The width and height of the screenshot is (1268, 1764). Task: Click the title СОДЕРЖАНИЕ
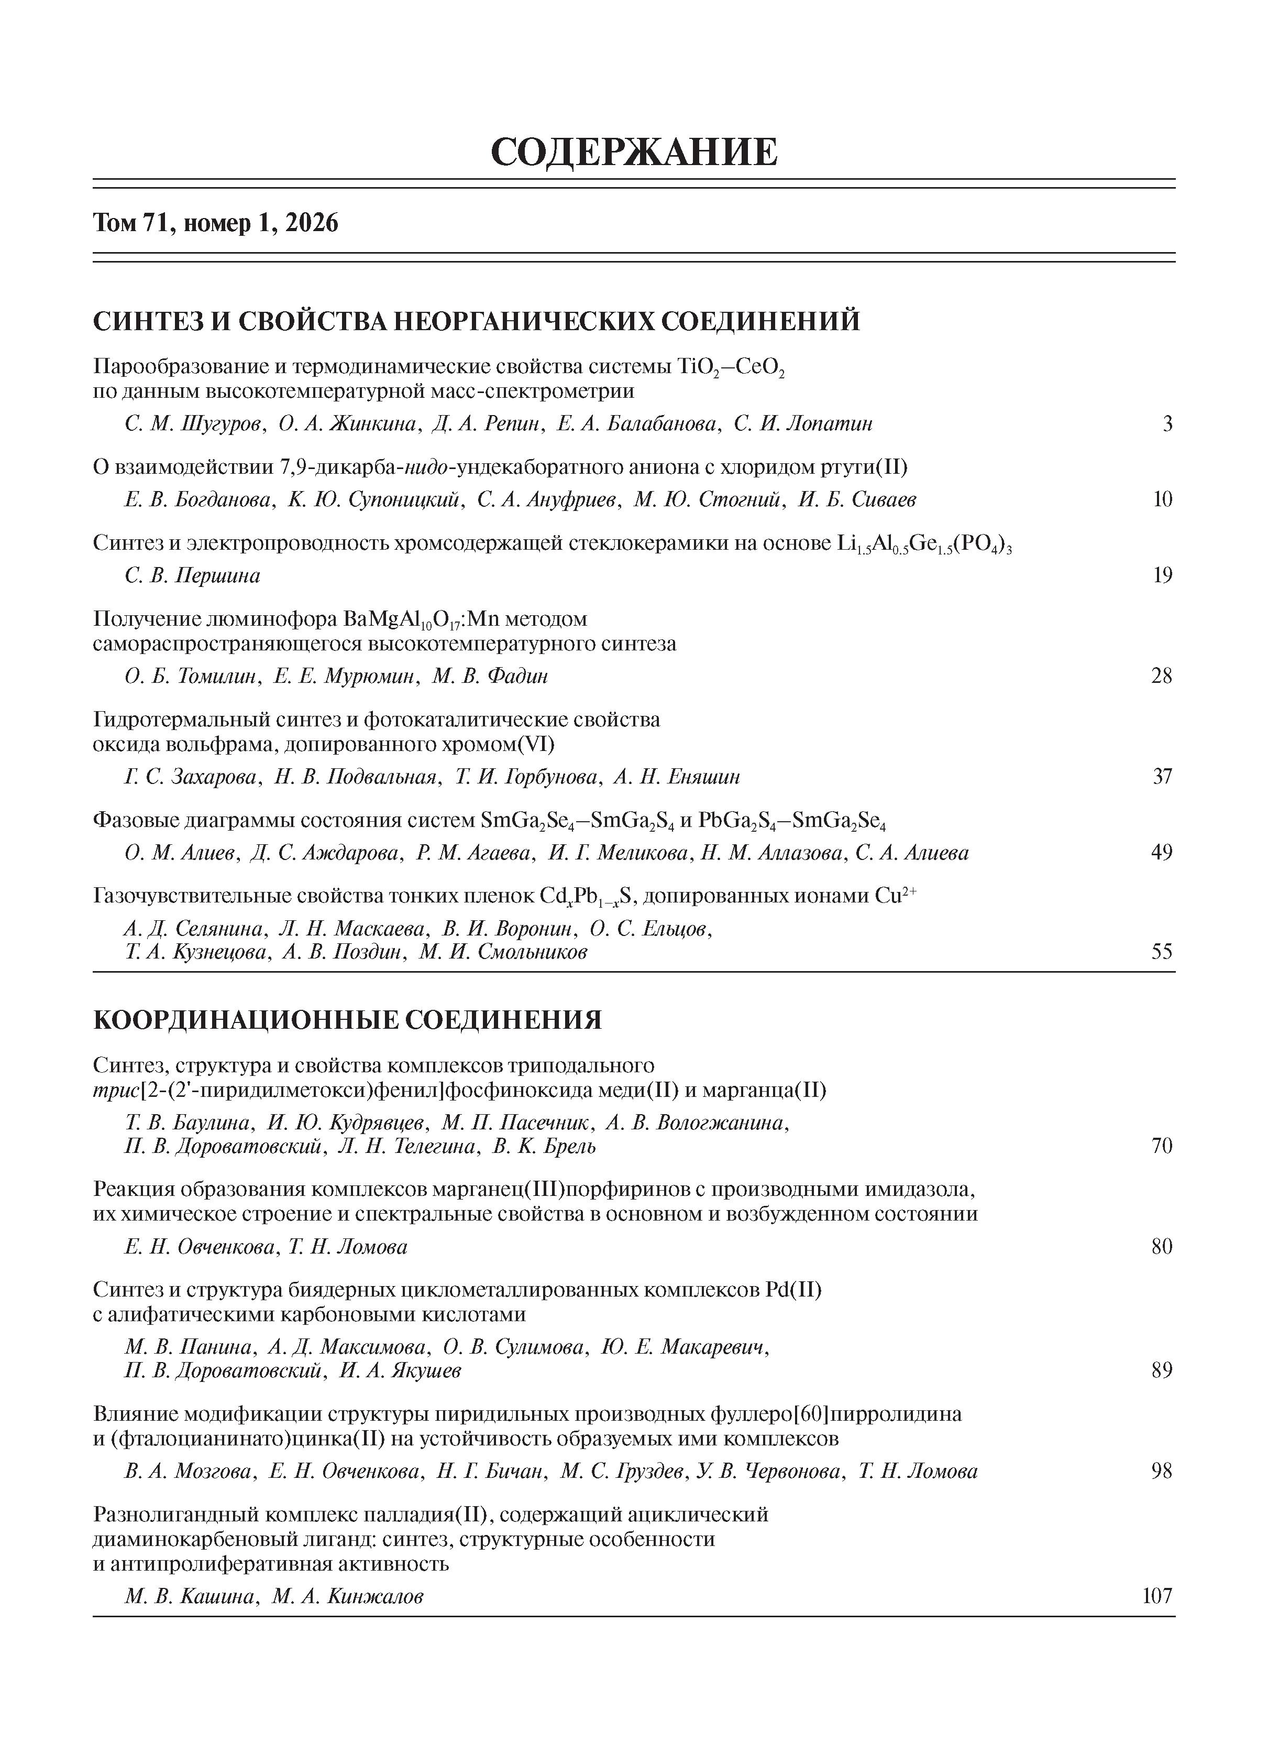click(x=634, y=151)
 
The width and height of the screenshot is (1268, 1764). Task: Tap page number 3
click(x=1167, y=424)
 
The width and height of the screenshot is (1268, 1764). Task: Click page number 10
click(x=1162, y=499)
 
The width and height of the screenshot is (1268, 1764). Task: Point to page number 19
click(x=1162, y=575)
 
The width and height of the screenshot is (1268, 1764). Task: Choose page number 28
click(x=1162, y=676)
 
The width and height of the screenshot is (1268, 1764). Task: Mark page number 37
click(x=1162, y=776)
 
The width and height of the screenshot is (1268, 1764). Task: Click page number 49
click(x=1162, y=853)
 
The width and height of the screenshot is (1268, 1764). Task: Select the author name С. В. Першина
click(x=192, y=575)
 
